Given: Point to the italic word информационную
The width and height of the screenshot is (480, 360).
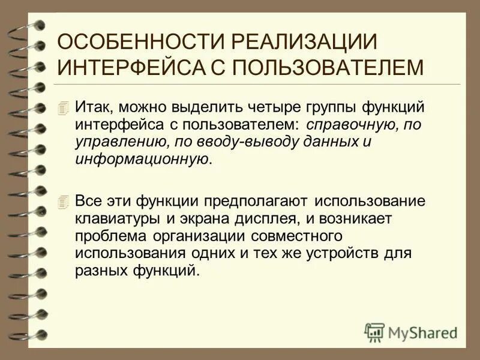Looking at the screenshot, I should pos(143,160).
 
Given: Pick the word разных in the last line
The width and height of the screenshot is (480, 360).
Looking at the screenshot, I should pos(100,270).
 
